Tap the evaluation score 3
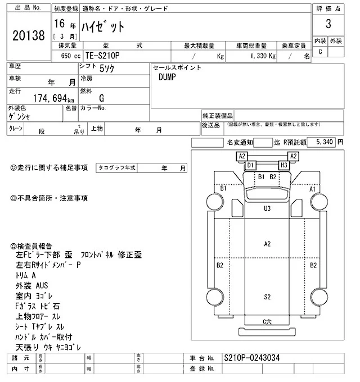click(x=328, y=25)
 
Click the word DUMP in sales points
click(x=168, y=77)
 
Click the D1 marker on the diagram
click(x=251, y=165)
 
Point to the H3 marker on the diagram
click(x=284, y=165)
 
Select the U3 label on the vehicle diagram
click(x=268, y=208)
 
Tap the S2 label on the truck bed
click(x=268, y=296)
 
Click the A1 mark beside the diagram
click(x=313, y=189)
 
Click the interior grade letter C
click(x=320, y=52)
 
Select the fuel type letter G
click(x=101, y=98)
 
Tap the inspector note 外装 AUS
click(x=32, y=285)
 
